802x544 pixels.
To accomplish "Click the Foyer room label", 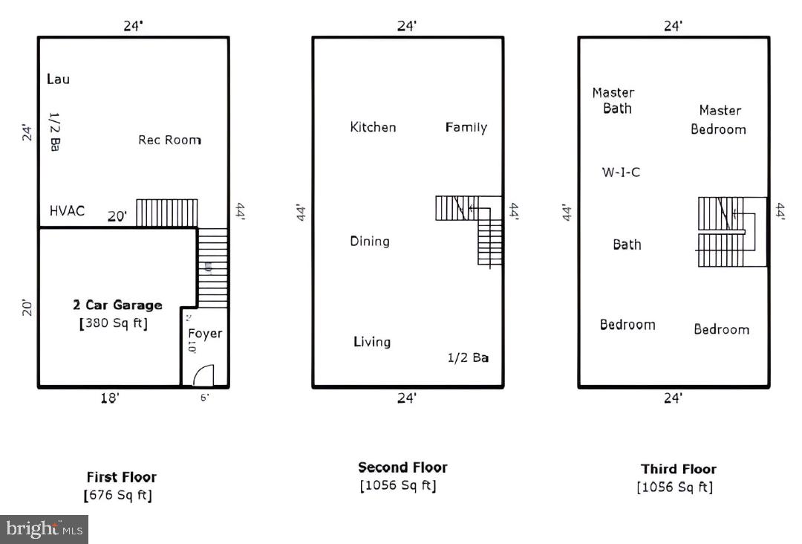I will pyautogui.click(x=205, y=333).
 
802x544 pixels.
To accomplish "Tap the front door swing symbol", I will pyautogui.click(x=203, y=375).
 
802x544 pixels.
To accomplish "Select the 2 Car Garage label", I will pyautogui.click(x=117, y=305).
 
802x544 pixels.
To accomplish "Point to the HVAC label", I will pyautogui.click(x=67, y=211).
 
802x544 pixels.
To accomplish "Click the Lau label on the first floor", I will pyautogui.click(x=58, y=79).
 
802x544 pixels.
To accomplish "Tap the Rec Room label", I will pyautogui.click(x=169, y=140).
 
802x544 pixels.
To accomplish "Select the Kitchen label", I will pyautogui.click(x=373, y=127).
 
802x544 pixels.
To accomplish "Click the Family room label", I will pyautogui.click(x=466, y=127).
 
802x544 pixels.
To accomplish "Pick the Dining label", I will pyautogui.click(x=370, y=241).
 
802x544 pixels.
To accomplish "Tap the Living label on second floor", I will pyautogui.click(x=372, y=342).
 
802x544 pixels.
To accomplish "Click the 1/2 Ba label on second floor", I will pyautogui.click(x=468, y=357).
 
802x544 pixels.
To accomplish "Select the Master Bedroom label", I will pyautogui.click(x=719, y=120).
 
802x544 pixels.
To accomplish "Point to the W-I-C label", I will pyautogui.click(x=621, y=172).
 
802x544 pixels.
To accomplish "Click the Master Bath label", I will pyautogui.click(x=613, y=100).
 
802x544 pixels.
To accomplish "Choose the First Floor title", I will pyautogui.click(x=122, y=477).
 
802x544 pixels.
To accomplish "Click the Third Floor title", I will pyautogui.click(x=679, y=469).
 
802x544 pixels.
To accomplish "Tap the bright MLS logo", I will pyautogui.click(x=44, y=529).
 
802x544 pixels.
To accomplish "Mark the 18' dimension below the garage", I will pyautogui.click(x=110, y=398).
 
